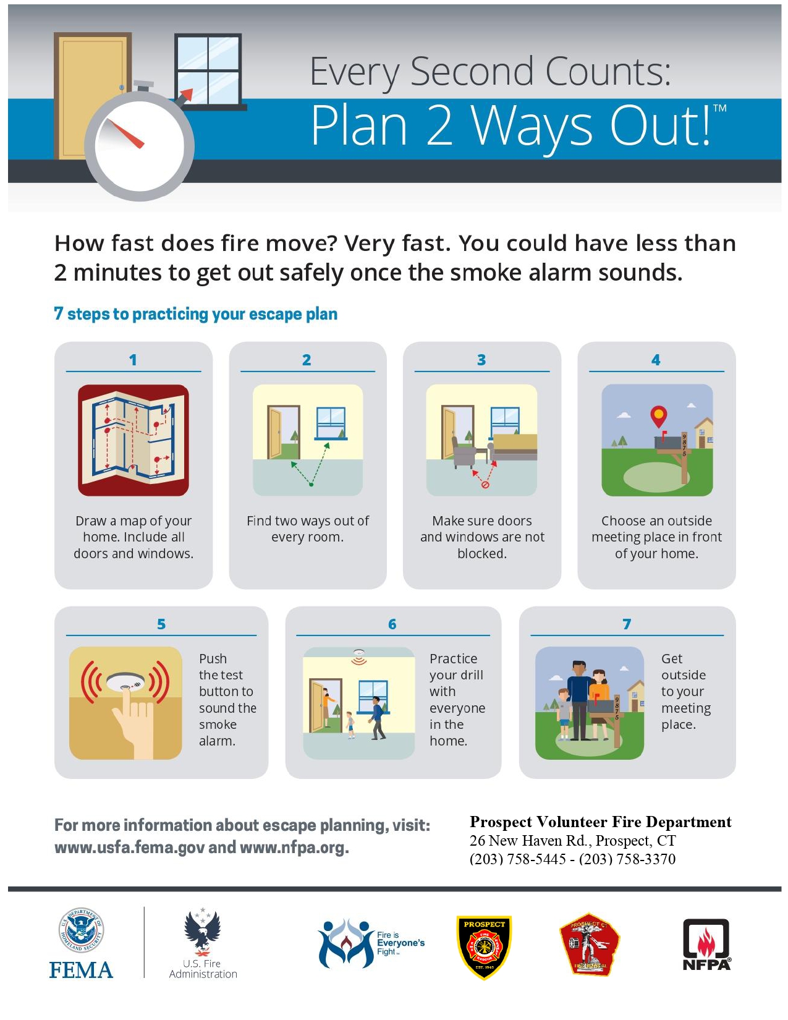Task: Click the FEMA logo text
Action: (x=81, y=970)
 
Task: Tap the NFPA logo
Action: (x=706, y=945)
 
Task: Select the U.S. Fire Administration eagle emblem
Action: (x=202, y=932)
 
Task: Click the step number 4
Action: (x=656, y=360)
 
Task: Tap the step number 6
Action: (x=392, y=624)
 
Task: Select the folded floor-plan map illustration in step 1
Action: (x=133, y=440)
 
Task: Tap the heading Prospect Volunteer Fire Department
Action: (x=600, y=822)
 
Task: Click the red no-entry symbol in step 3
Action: (x=485, y=485)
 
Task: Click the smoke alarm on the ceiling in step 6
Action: (x=359, y=653)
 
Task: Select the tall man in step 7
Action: (x=580, y=700)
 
